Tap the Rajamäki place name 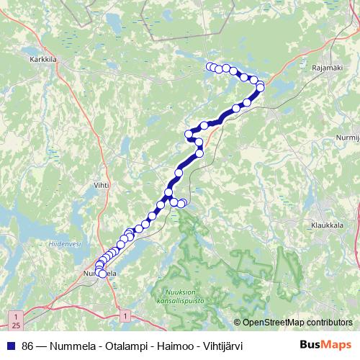pos(327,68)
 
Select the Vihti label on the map pos(101,186)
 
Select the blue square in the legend pos(12,345)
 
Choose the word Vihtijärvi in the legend pos(223,345)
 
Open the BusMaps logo pos(326,344)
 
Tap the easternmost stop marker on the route pos(261,86)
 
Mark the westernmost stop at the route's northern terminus pos(210,67)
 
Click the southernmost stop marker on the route pos(102,274)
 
